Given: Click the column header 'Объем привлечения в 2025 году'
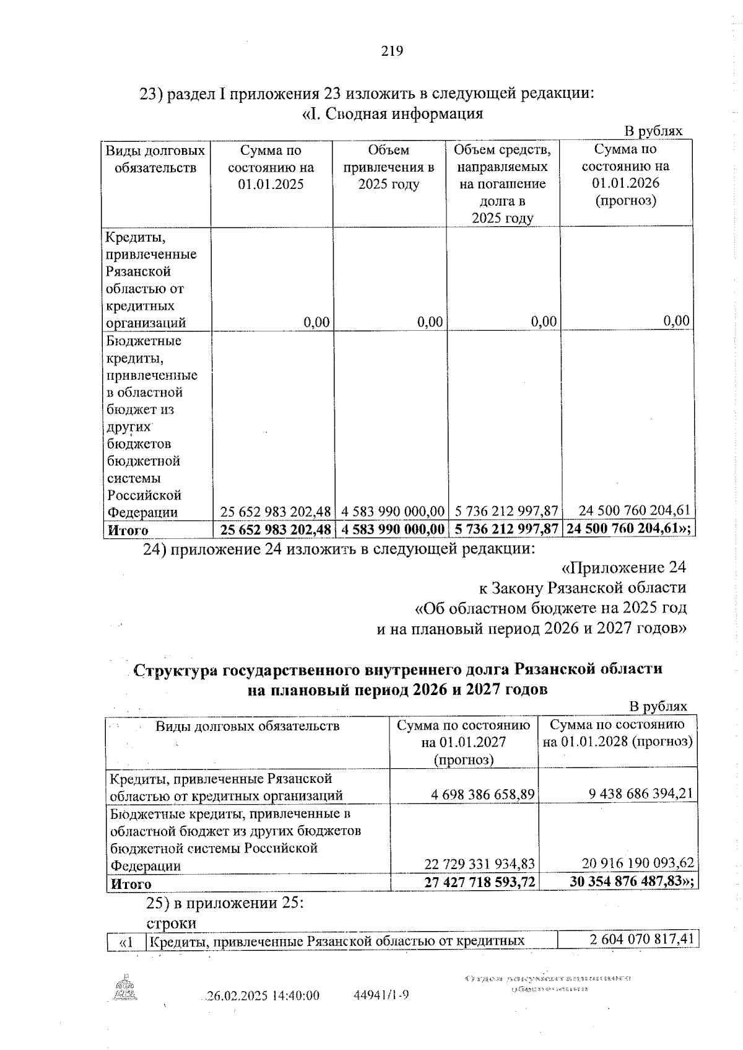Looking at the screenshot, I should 389,167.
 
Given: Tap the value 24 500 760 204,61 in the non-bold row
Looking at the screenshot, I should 634,510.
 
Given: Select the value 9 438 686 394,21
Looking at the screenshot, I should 633,794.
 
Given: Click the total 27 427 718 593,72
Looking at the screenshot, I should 480,882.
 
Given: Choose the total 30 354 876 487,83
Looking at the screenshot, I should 632,882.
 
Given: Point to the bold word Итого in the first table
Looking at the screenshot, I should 128,531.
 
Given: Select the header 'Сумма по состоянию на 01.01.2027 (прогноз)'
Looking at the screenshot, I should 464,742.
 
